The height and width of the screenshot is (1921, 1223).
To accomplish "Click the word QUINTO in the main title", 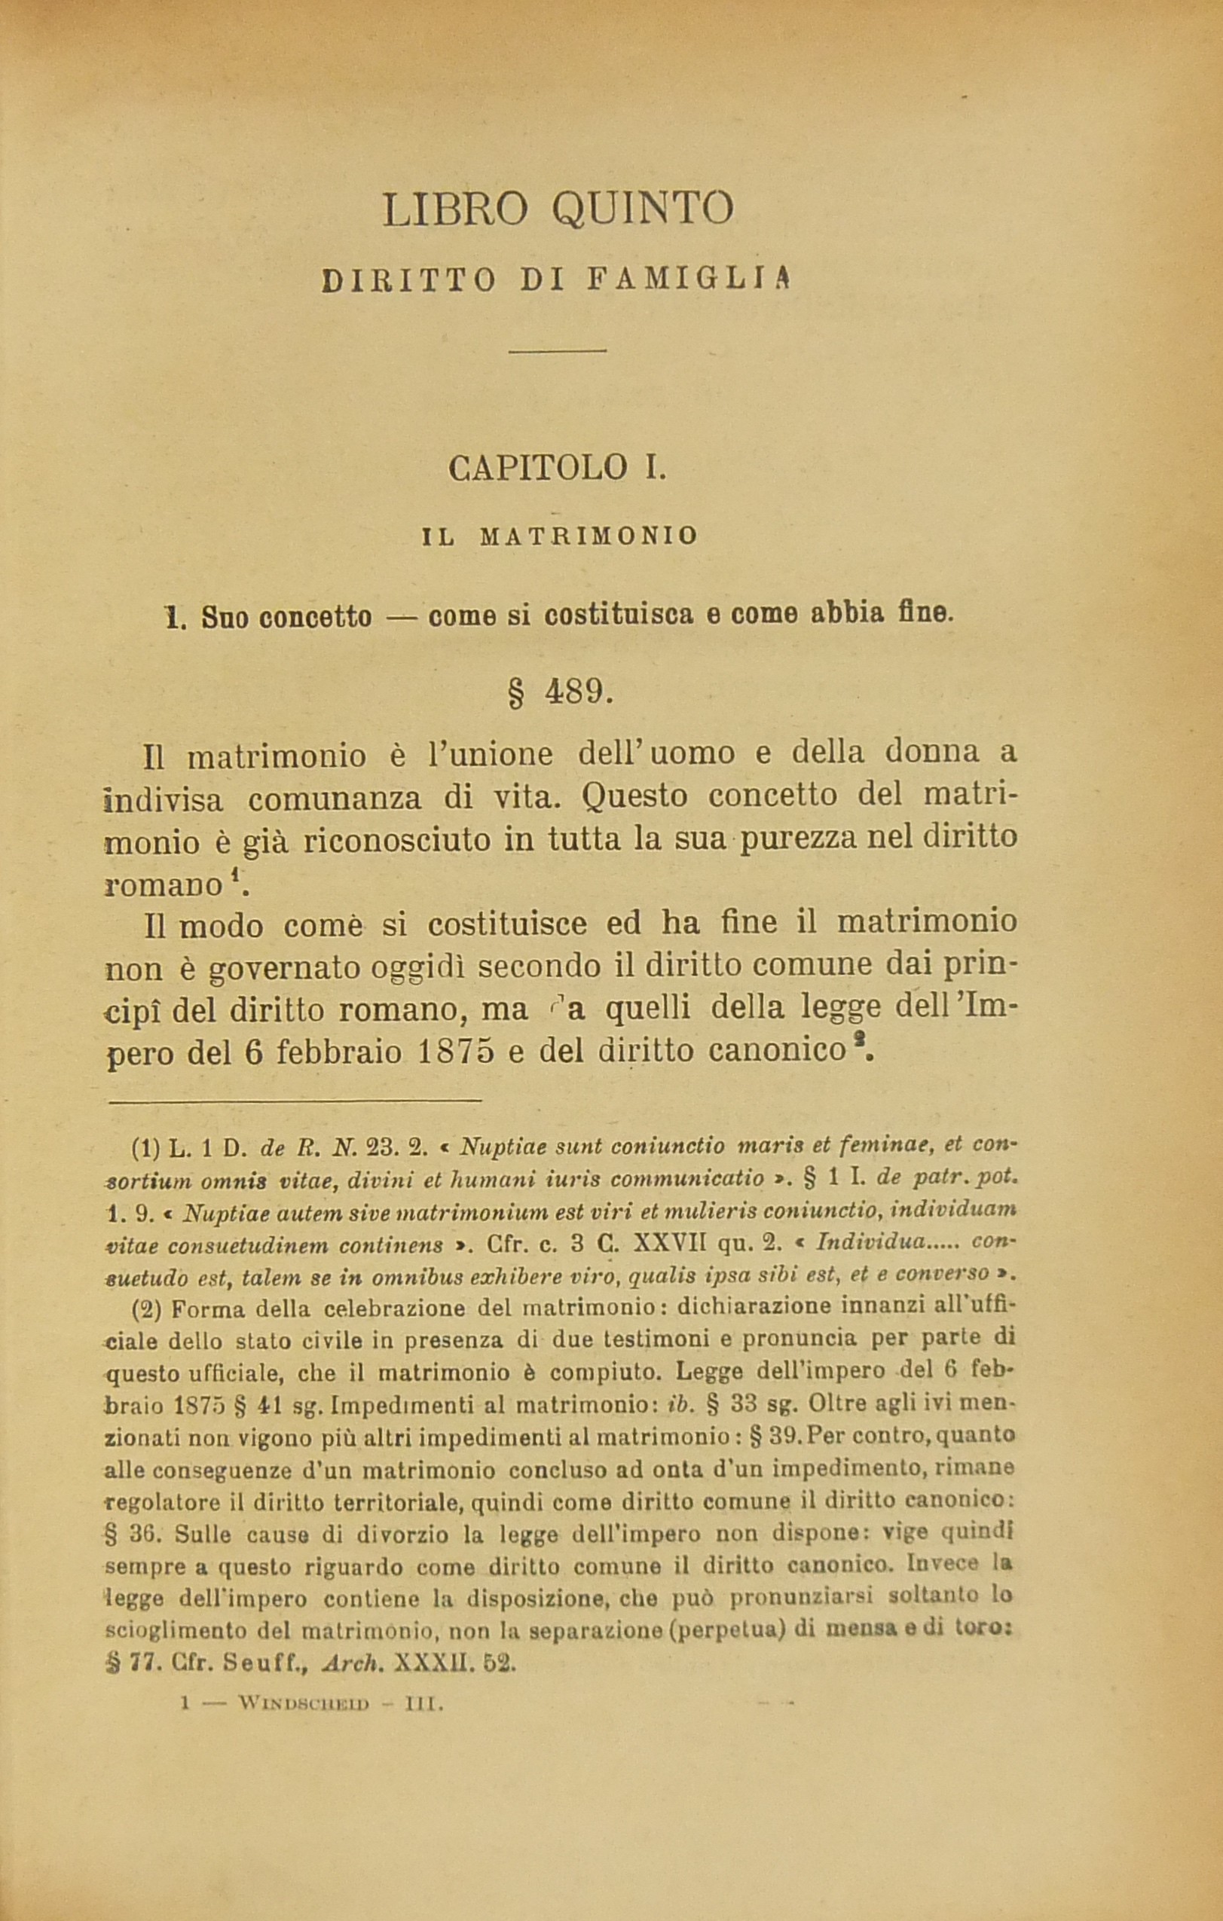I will point(641,209).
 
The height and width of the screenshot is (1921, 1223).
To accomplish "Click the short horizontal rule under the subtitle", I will point(558,350).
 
